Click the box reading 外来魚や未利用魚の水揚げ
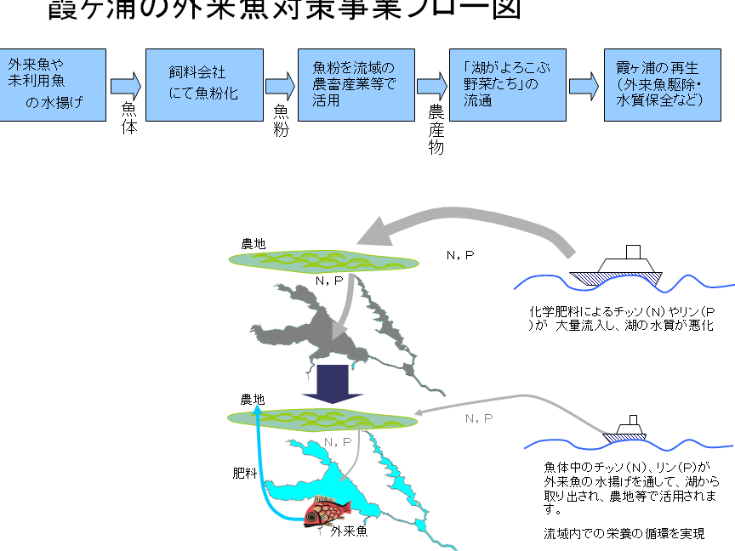(53, 84)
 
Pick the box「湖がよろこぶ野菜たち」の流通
(506, 84)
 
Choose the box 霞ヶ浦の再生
(661, 84)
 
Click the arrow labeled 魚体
(125, 84)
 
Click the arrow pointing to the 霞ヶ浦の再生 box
(584, 84)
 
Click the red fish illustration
(328, 513)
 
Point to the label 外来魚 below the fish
(348, 532)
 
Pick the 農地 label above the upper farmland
(253, 244)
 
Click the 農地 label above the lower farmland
(253, 399)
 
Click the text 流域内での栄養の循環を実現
(624, 534)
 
